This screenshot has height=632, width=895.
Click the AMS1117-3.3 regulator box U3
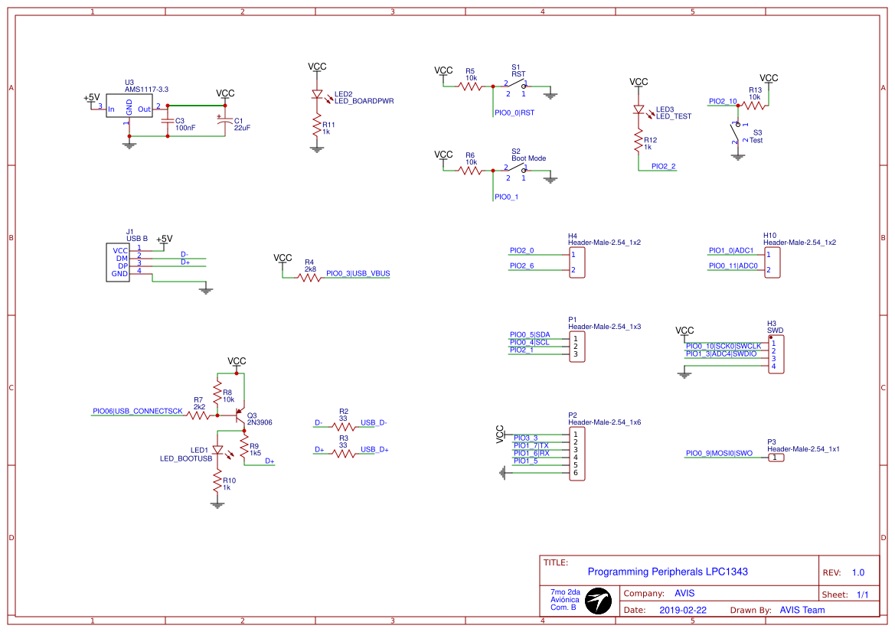pos(129,109)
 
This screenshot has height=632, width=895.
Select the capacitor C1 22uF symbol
pos(224,122)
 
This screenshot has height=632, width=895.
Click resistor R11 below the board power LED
pos(317,127)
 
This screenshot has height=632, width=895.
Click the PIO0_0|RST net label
pos(515,112)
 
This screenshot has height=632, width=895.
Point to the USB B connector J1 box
pos(119,262)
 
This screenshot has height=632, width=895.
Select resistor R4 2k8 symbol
pos(309,277)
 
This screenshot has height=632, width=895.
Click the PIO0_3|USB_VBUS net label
pos(358,273)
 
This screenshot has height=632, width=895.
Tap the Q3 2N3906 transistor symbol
pos(241,418)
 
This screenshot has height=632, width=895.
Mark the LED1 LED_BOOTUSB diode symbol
pos(218,451)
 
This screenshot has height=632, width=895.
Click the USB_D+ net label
pos(374,449)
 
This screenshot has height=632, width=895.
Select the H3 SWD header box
pos(775,353)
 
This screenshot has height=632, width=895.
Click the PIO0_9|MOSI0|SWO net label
pos(719,453)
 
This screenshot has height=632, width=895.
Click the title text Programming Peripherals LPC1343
pos(668,572)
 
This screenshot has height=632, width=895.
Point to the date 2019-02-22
pos(682,610)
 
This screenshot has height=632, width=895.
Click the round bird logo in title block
pos(599,601)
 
